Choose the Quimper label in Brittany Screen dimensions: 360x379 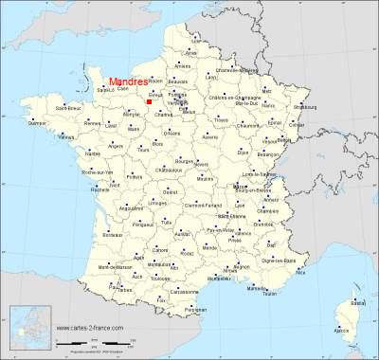pyautogui.click(x=37, y=123)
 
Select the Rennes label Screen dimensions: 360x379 pyautogui.click(x=91, y=123)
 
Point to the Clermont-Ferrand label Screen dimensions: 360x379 pyautogui.click(x=210, y=206)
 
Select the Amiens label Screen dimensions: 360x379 pyautogui.click(x=183, y=66)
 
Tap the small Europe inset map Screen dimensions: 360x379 pyautogui.click(x=29, y=326)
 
